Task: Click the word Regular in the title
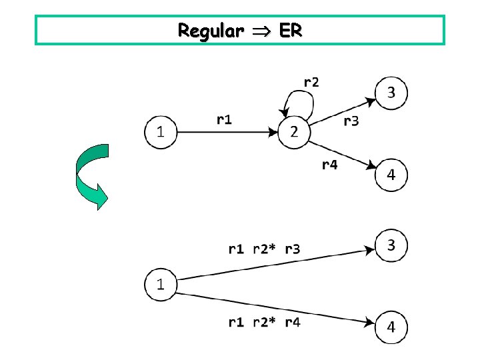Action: pyautogui.click(x=207, y=31)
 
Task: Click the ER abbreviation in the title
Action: pyautogui.click(x=287, y=31)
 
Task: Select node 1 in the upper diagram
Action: pyautogui.click(x=161, y=132)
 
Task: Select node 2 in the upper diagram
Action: pyautogui.click(x=295, y=132)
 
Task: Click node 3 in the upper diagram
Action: pyautogui.click(x=391, y=93)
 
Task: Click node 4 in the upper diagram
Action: pyautogui.click(x=391, y=175)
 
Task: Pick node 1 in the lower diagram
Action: pyautogui.click(x=161, y=285)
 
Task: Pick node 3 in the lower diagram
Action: pyautogui.click(x=391, y=245)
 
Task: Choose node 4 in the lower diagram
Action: pyautogui.click(x=391, y=327)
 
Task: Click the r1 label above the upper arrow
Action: pyautogui.click(x=225, y=119)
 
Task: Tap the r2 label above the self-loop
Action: pyautogui.click(x=311, y=82)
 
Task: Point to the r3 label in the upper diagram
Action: pyautogui.click(x=351, y=121)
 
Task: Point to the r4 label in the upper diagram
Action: pyautogui.click(x=329, y=165)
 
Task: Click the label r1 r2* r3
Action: pyautogui.click(x=264, y=249)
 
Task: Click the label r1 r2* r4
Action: pyautogui.click(x=264, y=323)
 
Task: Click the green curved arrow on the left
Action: pyautogui.click(x=88, y=177)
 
